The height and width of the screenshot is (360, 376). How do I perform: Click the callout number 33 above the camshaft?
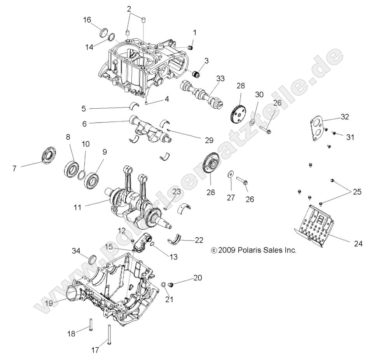(x=220, y=78)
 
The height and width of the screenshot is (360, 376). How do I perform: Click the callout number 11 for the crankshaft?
(x=77, y=207)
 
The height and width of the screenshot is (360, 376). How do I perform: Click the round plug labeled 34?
(x=94, y=259)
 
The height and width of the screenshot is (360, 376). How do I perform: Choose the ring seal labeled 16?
(x=105, y=32)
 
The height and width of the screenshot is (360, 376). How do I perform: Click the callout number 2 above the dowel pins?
(x=129, y=9)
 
